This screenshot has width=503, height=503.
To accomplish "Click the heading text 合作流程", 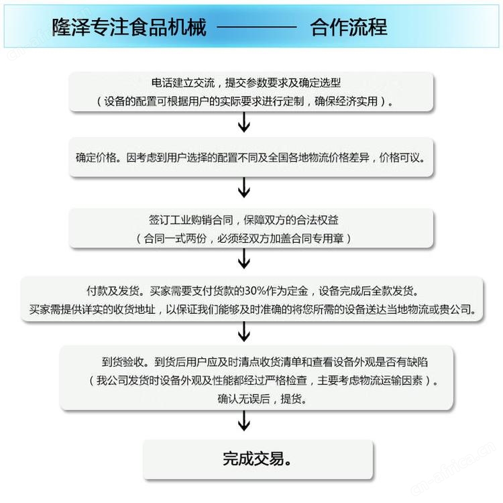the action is (349, 27).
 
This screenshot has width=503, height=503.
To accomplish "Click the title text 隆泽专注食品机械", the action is (129, 27).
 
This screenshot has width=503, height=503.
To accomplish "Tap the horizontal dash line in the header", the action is (257, 27).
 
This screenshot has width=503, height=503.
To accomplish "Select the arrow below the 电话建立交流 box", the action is (244, 122).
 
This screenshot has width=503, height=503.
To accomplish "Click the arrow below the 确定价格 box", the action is (244, 188).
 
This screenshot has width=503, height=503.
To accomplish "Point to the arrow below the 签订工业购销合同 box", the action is (244, 259).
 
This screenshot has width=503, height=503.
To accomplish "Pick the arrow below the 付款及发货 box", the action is (244, 332).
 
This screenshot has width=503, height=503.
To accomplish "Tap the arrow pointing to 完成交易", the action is (244, 421).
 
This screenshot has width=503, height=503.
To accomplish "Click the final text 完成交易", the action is (254, 459).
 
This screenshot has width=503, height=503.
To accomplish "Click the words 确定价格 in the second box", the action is (96, 158).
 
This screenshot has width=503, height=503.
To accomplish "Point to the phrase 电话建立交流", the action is (183, 82).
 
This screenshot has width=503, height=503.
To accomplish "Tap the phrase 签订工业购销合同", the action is (191, 220).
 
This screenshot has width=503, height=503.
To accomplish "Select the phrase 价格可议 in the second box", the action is (400, 158).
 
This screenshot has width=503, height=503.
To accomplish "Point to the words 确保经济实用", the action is (346, 101).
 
